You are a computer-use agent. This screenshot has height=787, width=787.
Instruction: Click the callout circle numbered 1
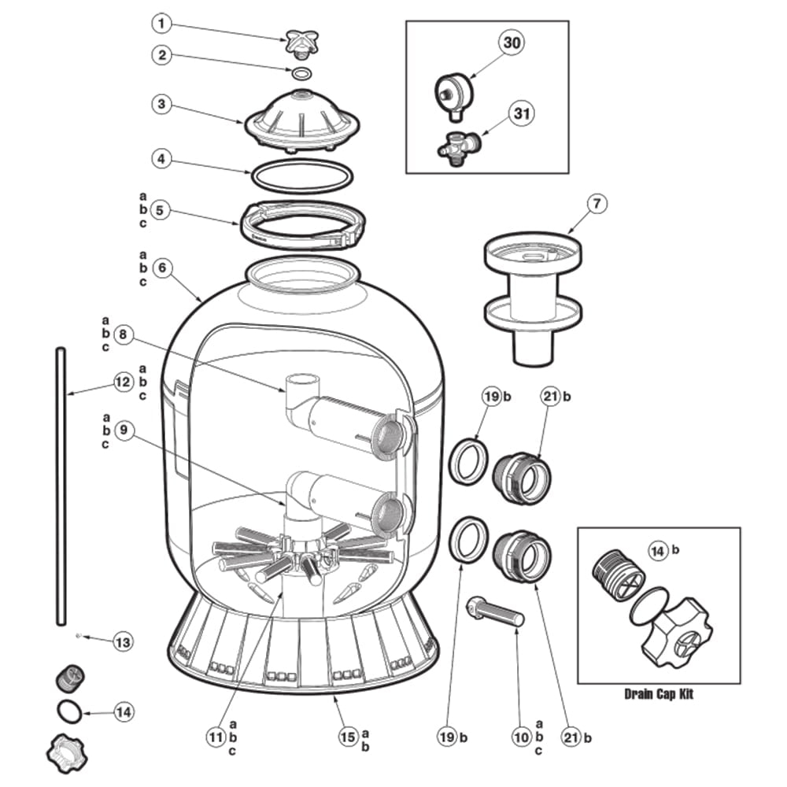tap(161, 23)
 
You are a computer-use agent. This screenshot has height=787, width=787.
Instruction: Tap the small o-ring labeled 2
tap(301, 74)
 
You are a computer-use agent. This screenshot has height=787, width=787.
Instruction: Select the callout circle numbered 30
tap(511, 42)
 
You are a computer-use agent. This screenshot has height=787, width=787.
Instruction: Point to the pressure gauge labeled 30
tap(453, 96)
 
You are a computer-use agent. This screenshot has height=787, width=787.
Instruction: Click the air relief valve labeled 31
tap(460, 149)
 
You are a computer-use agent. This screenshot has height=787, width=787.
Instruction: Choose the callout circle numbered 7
tap(597, 204)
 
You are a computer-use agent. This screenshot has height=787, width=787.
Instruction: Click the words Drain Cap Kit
tap(659, 694)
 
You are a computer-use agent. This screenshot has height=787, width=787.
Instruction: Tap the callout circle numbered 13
tap(123, 642)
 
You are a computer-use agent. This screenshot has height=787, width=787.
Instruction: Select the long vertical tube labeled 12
tap(61, 486)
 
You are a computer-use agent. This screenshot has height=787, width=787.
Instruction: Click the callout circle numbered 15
tap(348, 737)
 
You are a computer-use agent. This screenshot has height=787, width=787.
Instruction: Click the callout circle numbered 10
tap(521, 737)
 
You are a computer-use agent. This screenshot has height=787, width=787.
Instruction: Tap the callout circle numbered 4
tap(161, 159)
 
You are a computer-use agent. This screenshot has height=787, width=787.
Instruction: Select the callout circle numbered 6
tap(161, 268)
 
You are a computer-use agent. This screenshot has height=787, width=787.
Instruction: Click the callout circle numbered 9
tap(124, 430)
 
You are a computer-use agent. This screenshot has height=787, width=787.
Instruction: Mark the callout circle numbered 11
tap(216, 737)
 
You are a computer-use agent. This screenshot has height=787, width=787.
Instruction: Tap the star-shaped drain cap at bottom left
tap(66, 754)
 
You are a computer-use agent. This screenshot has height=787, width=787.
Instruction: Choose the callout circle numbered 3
tap(161, 104)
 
